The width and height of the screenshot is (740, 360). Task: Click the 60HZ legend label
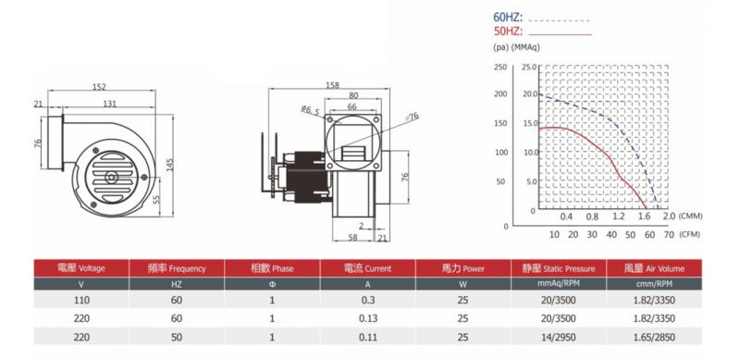pos(508,19)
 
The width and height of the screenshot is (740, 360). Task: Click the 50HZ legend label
pos(508,32)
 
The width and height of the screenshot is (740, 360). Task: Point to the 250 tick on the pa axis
pos(500,67)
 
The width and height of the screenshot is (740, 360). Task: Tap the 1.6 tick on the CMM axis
pos(644,217)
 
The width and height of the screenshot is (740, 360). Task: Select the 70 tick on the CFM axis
pos(669,234)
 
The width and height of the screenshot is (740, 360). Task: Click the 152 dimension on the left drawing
pos(99,87)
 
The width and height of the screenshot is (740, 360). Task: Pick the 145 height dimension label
pos(170,165)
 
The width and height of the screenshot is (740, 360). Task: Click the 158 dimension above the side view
pos(333,85)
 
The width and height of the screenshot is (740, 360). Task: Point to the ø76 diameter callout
pos(412,116)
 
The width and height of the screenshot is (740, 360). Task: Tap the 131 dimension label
pos(109,104)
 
